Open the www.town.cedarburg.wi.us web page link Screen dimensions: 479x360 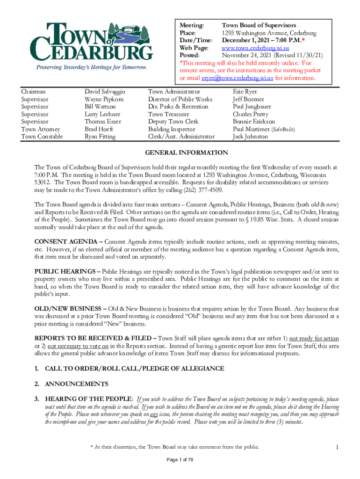[255, 48]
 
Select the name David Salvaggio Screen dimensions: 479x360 [105, 92]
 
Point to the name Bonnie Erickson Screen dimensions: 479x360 [254, 122]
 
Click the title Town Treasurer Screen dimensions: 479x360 [168, 114]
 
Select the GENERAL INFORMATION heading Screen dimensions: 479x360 [187, 152]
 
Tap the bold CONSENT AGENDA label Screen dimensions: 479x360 [66, 242]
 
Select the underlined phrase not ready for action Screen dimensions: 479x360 [314, 338]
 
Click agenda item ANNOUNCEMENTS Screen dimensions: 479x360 [77, 384]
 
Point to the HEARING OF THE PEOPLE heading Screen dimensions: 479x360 [89, 399]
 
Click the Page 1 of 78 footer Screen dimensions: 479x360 [180, 460]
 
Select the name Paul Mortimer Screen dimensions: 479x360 [251, 129]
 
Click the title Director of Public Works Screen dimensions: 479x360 [180, 99]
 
